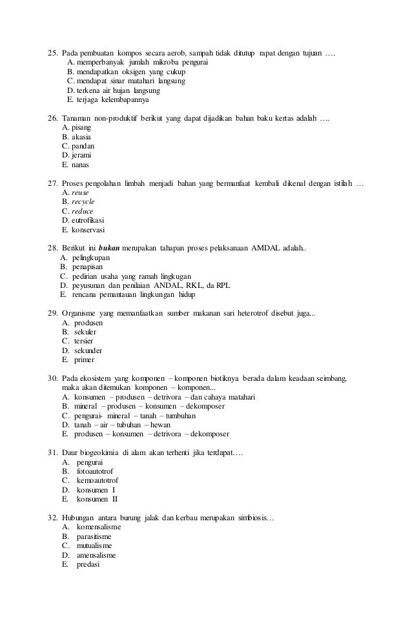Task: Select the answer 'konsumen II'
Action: (x=97, y=499)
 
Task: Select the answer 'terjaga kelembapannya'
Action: (x=112, y=100)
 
